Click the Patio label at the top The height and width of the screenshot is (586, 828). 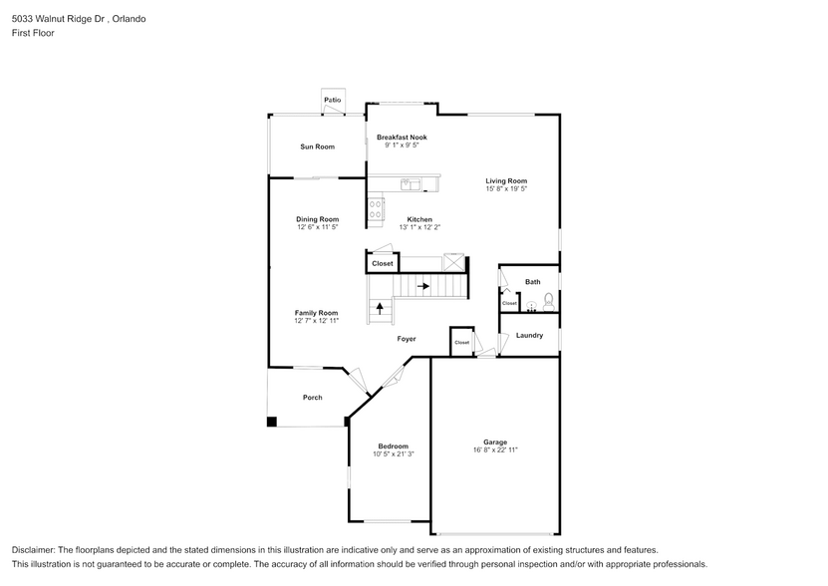332,101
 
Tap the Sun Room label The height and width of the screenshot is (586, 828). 317,146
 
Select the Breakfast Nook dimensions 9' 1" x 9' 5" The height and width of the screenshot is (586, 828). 402,145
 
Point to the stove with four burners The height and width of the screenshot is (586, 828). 377,208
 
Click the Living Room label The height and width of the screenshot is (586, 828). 505,180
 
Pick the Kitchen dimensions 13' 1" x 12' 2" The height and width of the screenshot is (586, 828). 418,227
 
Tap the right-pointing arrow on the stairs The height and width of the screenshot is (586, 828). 423,286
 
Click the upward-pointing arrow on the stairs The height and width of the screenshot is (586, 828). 379,309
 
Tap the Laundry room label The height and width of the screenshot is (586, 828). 529,335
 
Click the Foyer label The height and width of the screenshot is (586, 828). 407,339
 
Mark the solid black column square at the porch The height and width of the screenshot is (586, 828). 272,422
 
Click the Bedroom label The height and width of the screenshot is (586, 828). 393,446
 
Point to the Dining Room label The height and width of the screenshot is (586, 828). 317,219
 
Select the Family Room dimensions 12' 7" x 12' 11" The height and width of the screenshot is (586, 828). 317,321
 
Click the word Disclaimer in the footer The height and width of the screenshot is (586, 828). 34,550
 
